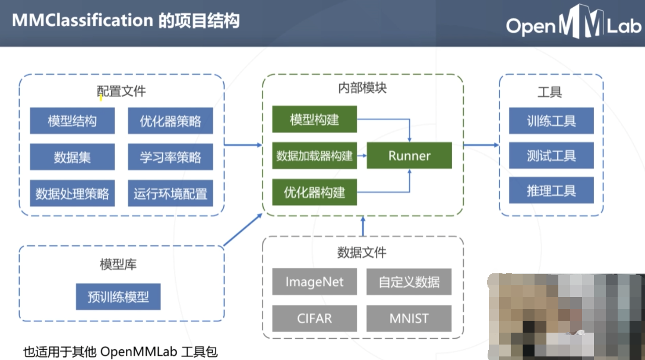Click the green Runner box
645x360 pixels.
coord(409,156)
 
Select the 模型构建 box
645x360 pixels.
coord(314,120)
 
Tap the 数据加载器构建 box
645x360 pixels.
coord(314,156)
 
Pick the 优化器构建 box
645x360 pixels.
coord(314,192)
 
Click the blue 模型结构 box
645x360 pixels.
coord(72,122)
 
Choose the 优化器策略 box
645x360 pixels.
coord(170,122)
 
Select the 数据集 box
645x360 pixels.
coord(72,157)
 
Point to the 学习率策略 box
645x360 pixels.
coord(170,157)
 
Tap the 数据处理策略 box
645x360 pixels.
coord(72,194)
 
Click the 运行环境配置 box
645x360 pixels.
coord(170,194)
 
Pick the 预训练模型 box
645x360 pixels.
coord(118,296)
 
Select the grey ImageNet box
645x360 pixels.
coord(314,282)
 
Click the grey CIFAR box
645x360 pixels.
coord(314,318)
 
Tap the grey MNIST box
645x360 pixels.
coord(409,318)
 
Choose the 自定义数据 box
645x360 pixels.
coord(409,282)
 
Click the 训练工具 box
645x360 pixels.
coord(551,121)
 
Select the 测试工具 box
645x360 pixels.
coord(551,156)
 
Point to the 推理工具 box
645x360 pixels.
coord(551,191)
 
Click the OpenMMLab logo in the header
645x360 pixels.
coord(573,26)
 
